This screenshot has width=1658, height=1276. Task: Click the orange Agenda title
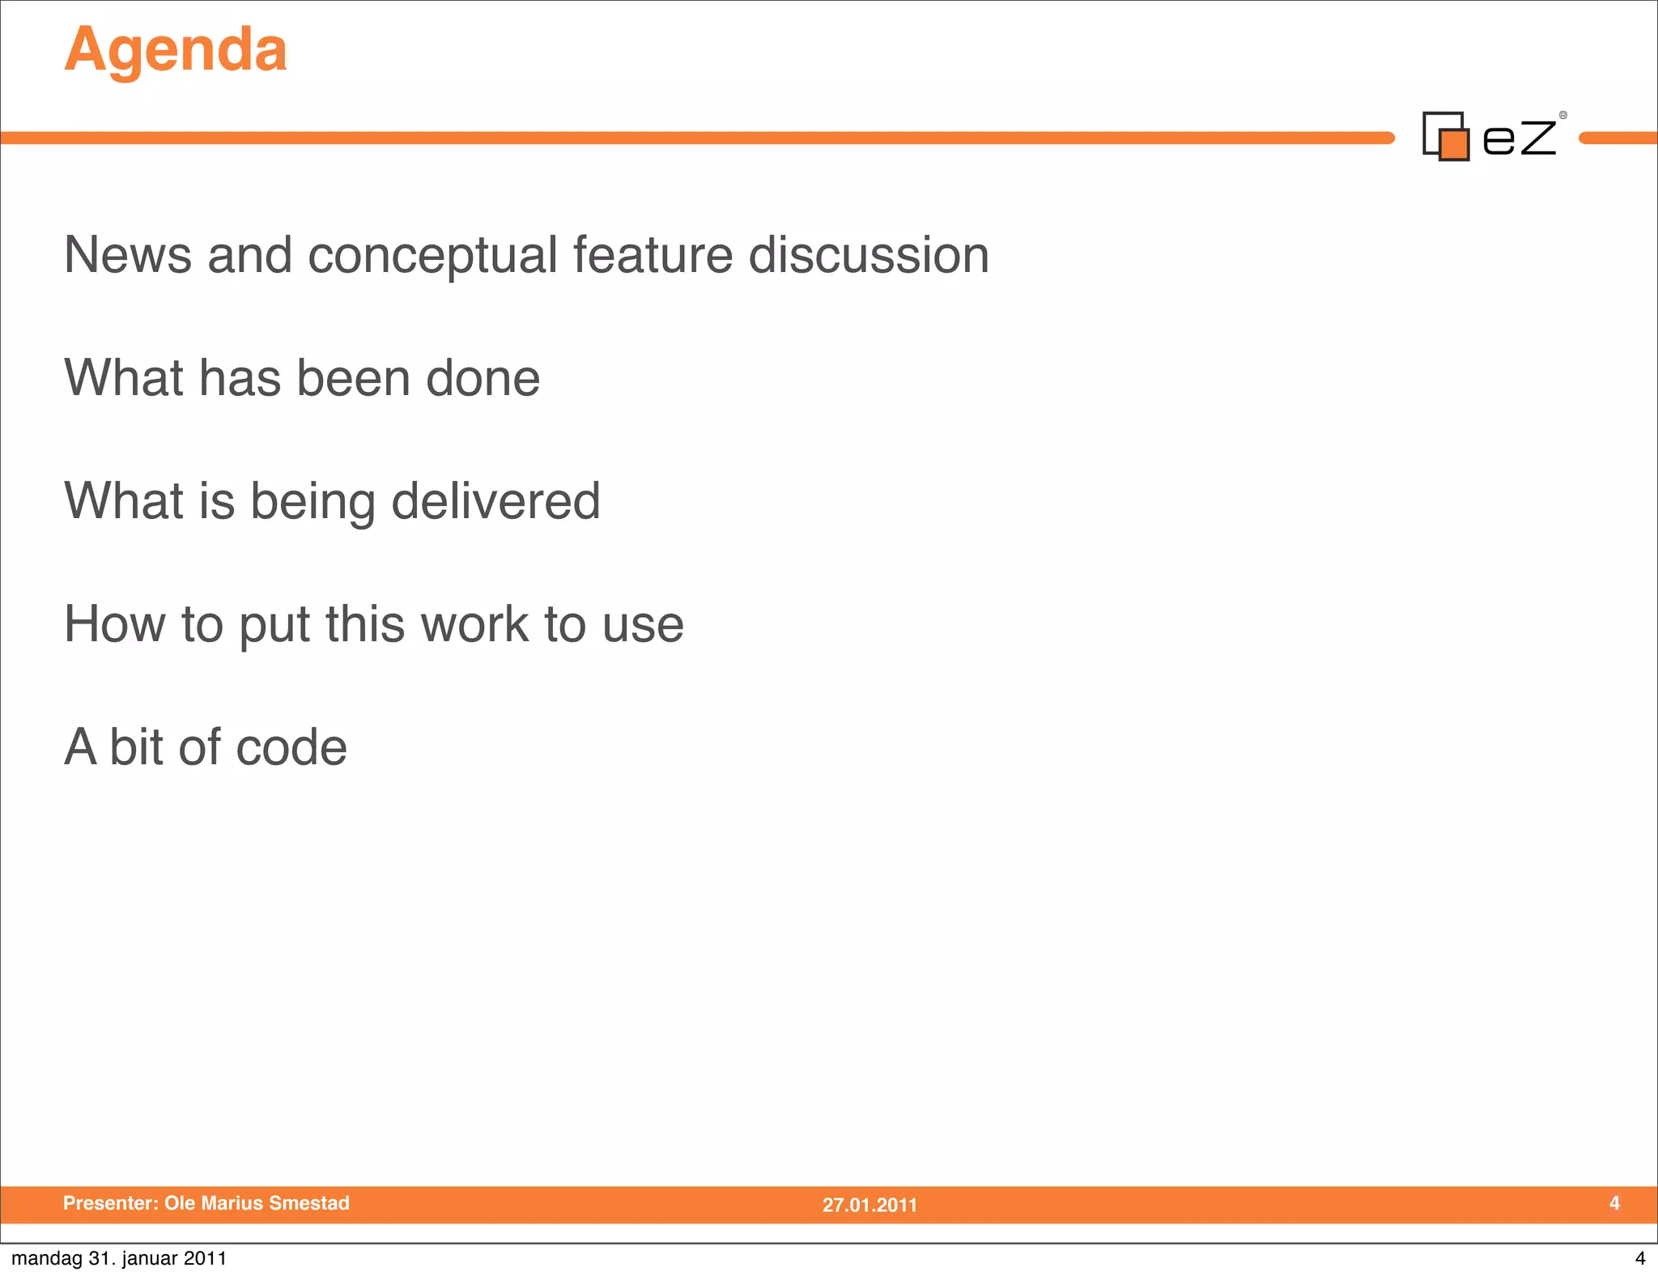176,50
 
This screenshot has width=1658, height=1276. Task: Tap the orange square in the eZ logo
1455,145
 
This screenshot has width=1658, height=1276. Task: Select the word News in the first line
127,255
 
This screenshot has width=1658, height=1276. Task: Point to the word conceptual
433,255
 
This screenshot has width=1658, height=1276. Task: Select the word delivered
495,501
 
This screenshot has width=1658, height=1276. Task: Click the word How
114,624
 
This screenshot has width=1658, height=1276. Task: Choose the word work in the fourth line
474,624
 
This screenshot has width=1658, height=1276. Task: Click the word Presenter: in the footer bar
111,1203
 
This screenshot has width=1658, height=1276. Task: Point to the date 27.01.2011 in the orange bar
869,1205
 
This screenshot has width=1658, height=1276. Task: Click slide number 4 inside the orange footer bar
1614,1203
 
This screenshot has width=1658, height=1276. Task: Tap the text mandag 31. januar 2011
119,1258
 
